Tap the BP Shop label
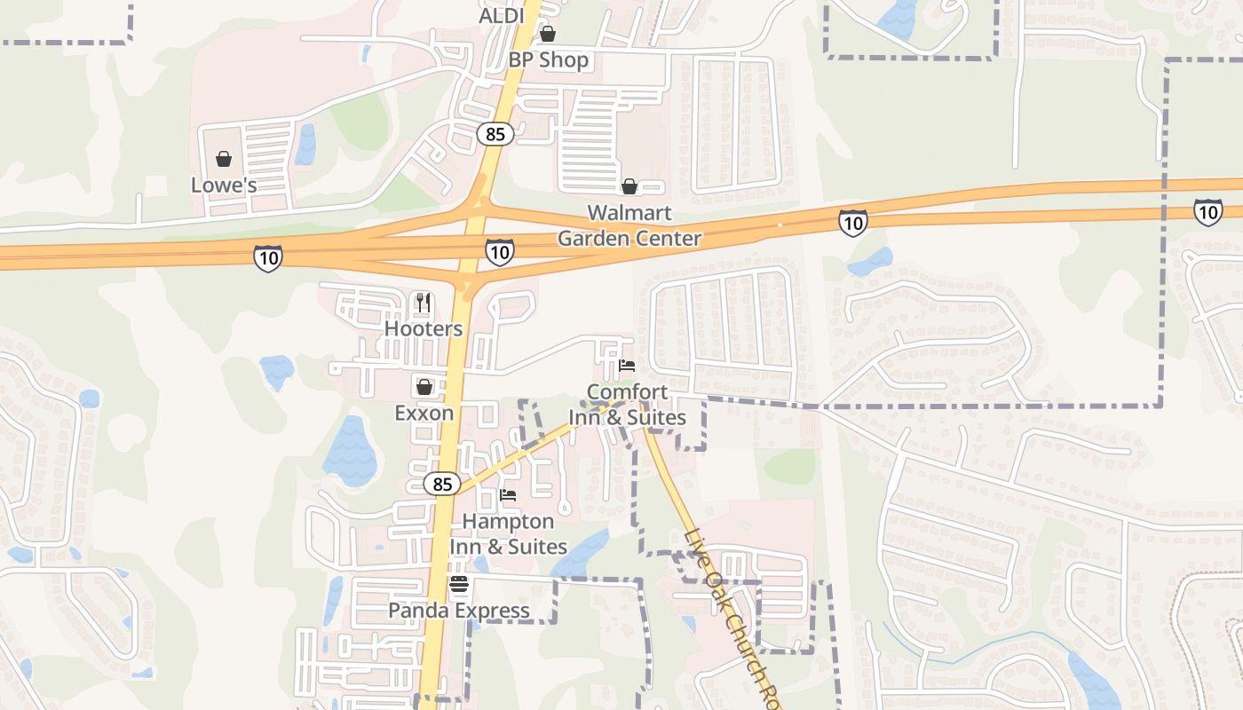click(x=548, y=60)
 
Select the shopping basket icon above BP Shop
click(x=548, y=35)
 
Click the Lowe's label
click(x=224, y=185)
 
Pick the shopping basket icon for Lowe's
click(x=224, y=159)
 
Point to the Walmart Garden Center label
click(x=629, y=225)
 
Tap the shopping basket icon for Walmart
click(x=629, y=186)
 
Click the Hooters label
click(x=424, y=328)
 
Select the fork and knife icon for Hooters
click(x=424, y=303)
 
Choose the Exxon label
click(x=424, y=413)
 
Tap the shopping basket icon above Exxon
click(x=424, y=387)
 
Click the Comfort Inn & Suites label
click(x=628, y=404)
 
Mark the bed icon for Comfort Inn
click(x=627, y=366)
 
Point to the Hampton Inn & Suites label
click(x=508, y=533)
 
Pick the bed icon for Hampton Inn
click(x=508, y=495)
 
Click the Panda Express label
click(x=459, y=611)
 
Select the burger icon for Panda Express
click(x=459, y=585)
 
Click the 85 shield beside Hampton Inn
click(x=443, y=484)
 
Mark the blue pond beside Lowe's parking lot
click(x=306, y=144)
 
